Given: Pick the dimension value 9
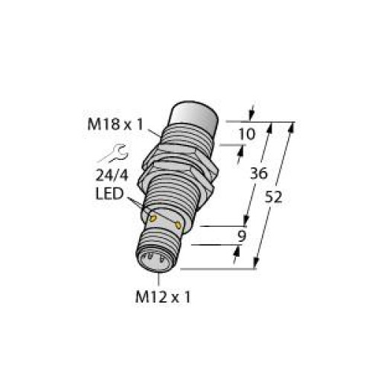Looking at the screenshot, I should click(243, 237).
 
